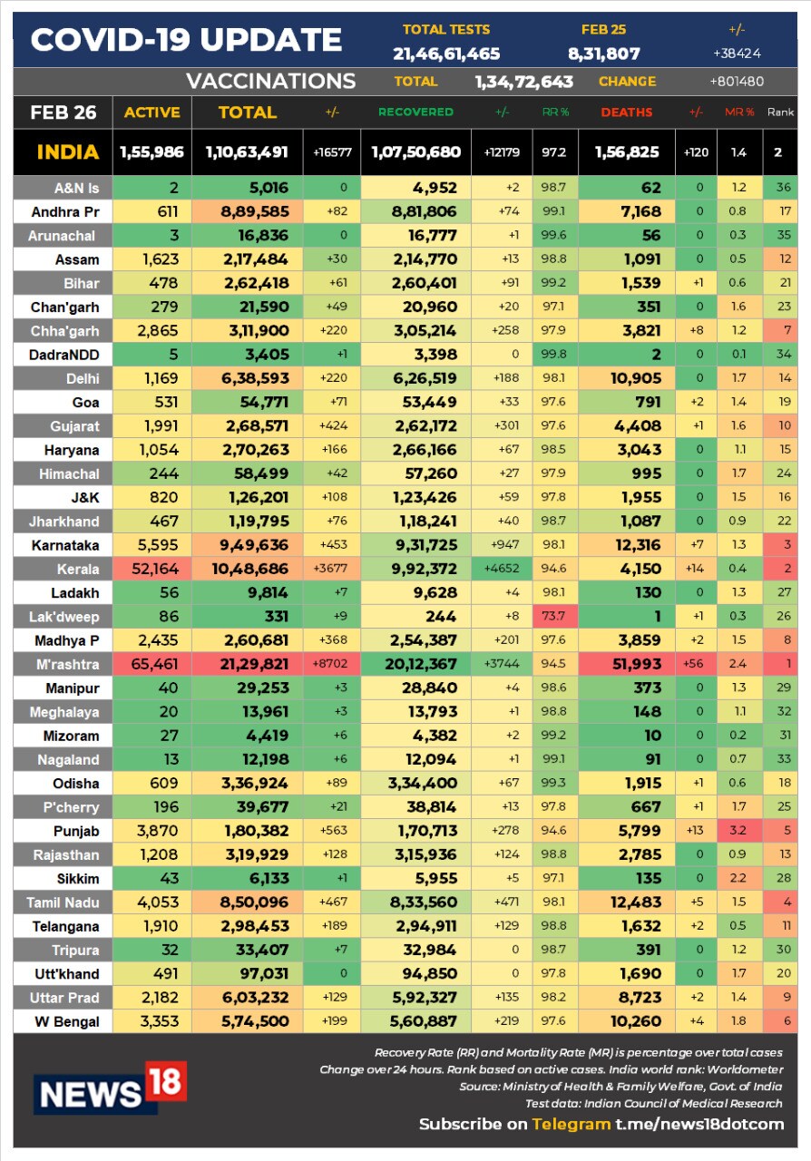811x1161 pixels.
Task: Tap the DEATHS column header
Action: coord(626,112)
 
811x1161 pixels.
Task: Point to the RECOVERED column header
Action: coord(415,112)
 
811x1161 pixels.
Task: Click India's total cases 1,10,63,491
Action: coord(247,152)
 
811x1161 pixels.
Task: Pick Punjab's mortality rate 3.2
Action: coord(738,830)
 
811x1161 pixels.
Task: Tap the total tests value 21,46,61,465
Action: coord(446,54)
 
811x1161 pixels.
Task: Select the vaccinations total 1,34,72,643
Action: coord(523,82)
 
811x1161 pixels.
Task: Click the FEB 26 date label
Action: coord(61,112)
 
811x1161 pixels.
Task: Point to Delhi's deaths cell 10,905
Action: coord(626,378)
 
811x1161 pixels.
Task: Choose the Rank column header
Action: coord(780,112)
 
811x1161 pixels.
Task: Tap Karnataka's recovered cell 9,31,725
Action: coord(415,545)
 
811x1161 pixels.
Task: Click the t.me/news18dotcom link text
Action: coord(699,1124)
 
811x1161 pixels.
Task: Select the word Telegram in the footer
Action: coord(571,1124)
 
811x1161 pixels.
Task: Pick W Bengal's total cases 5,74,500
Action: coord(247,1021)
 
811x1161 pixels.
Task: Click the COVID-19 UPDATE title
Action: coord(186,40)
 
